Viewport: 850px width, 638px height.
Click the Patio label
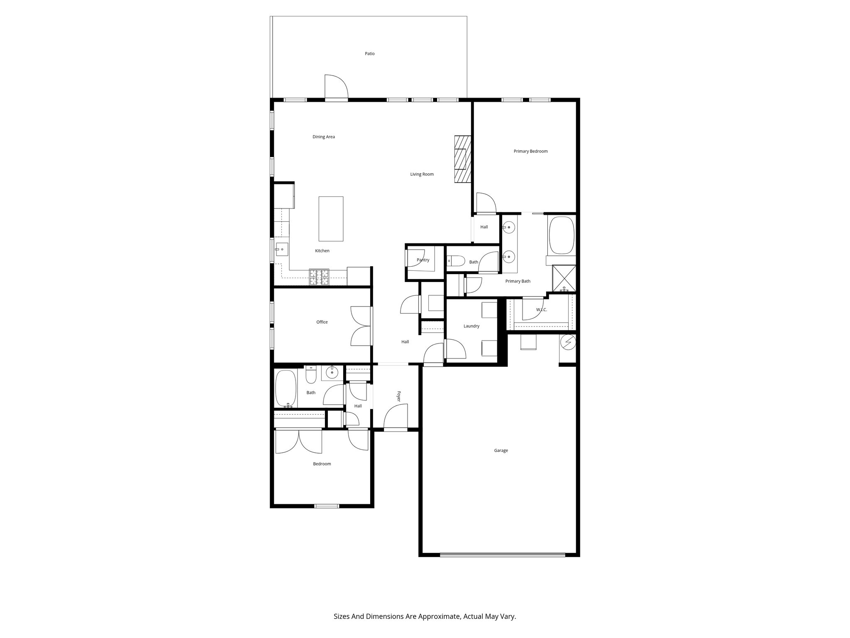coord(369,54)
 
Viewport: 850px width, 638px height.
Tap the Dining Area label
coord(323,137)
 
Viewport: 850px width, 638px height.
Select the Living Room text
coord(422,174)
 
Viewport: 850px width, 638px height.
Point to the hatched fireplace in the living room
coord(462,159)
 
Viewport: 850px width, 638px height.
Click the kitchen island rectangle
coord(331,218)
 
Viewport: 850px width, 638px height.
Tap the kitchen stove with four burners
coord(319,277)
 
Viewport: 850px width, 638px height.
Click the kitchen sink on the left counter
coord(282,249)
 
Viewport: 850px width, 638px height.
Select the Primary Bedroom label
coord(530,151)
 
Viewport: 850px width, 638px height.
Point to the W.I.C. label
coord(541,310)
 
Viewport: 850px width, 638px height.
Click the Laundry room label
coord(471,326)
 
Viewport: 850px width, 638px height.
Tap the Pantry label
coord(423,260)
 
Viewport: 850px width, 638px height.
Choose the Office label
coord(322,322)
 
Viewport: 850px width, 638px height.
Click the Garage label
coord(501,450)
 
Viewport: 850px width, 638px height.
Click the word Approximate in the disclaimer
coord(440,616)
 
